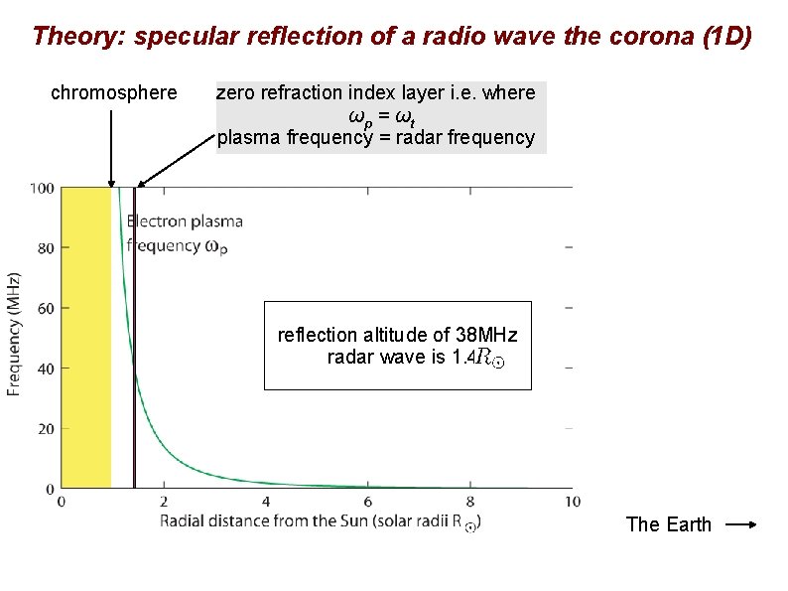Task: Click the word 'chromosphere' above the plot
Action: coord(113,93)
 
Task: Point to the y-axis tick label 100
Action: coord(42,188)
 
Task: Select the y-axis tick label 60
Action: coord(46,308)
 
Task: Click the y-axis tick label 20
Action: coord(46,429)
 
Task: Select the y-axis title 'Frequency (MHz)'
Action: coord(15,334)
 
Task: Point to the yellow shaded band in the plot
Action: coord(86,338)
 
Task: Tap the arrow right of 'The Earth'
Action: coord(741,525)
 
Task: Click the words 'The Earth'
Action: coord(668,525)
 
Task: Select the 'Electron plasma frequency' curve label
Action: coord(185,233)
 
